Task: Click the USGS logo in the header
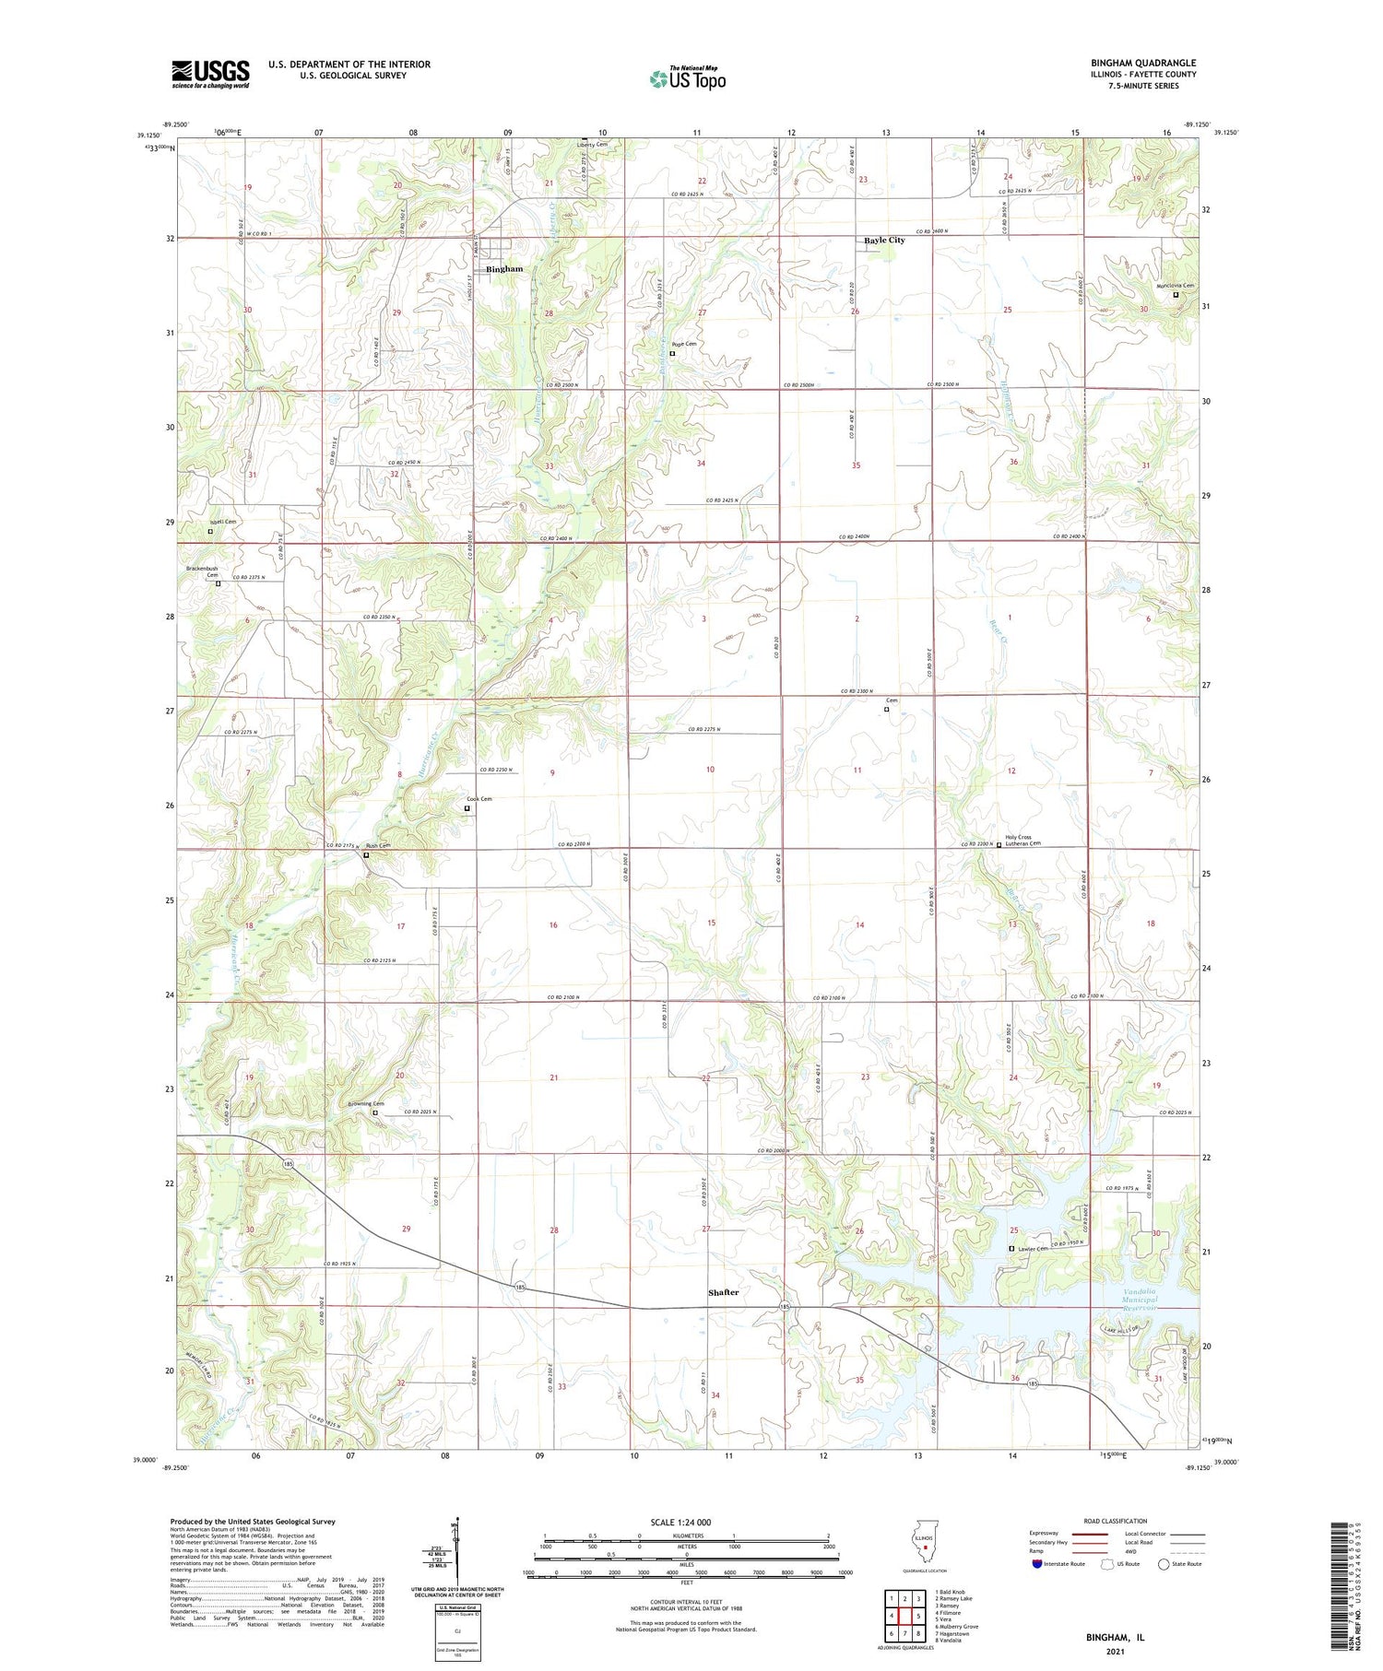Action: [x=210, y=74]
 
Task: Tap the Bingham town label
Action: [x=504, y=269]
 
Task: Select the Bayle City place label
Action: [x=884, y=241]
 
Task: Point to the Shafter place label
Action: [x=723, y=1292]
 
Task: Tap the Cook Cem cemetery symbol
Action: [x=467, y=808]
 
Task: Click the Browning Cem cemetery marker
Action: [x=375, y=1112]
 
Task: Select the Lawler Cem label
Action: [x=1033, y=1249]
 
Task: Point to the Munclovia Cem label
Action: [x=1176, y=286]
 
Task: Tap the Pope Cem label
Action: [x=684, y=344]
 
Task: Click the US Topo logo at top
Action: [x=688, y=77]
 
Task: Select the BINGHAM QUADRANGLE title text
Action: [x=1142, y=63]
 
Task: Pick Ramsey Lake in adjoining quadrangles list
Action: [x=955, y=1598]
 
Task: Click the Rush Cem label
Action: [x=378, y=845]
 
